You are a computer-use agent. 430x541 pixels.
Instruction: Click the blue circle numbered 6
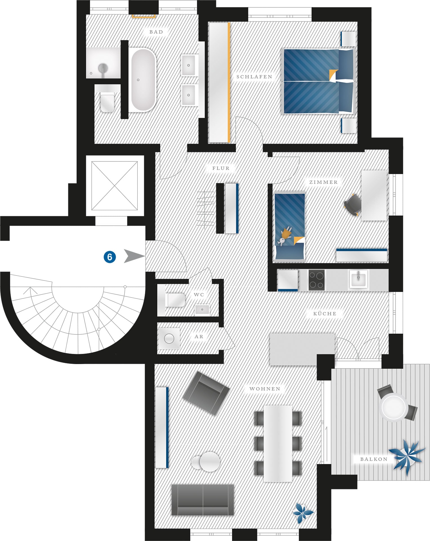click(x=110, y=257)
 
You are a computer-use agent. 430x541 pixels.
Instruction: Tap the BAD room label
click(x=156, y=32)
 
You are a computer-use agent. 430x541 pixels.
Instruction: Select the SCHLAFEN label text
click(x=254, y=77)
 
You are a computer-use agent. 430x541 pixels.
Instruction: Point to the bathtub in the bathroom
click(x=144, y=80)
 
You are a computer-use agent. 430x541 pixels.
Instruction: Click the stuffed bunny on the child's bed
click(x=285, y=236)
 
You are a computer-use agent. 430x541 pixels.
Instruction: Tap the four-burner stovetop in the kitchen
click(x=316, y=280)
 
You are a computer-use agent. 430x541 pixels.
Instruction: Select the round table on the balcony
click(x=393, y=407)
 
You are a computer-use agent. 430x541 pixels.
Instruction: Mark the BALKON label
click(x=374, y=459)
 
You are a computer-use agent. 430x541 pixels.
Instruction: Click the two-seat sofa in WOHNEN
click(x=203, y=500)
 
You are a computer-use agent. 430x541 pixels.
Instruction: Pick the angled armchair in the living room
click(x=206, y=393)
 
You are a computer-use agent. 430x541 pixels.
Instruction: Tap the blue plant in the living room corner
click(x=303, y=512)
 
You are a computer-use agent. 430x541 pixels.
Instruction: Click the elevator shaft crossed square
click(x=114, y=186)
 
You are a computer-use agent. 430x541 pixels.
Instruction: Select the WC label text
click(x=199, y=295)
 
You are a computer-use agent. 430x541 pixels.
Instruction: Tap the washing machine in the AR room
click(x=169, y=338)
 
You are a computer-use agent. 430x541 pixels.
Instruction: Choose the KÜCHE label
click(x=325, y=314)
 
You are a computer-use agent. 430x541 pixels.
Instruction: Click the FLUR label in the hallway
click(x=221, y=168)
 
